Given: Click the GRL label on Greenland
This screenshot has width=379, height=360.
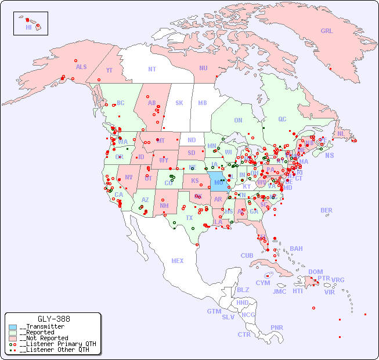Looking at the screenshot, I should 327,31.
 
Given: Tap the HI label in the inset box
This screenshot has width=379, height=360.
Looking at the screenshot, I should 28,27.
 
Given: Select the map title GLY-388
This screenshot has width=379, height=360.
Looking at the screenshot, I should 54,319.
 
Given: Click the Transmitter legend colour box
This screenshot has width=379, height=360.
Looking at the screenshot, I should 13,327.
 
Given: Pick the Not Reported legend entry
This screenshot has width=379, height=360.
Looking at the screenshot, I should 44,338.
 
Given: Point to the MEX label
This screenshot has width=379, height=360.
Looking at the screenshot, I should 178,261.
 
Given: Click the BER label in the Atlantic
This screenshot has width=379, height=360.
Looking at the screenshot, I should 327,210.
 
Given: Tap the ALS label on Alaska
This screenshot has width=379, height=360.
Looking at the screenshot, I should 81,67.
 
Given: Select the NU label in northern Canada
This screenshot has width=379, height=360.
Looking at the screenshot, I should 203,68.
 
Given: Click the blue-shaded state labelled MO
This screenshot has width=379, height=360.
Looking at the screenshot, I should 218,182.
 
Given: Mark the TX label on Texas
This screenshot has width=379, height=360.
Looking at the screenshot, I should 189,218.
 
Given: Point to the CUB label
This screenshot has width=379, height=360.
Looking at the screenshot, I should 247,255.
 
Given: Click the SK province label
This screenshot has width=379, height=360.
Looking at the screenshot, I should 179,103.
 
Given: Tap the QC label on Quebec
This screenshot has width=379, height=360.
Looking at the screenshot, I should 282,119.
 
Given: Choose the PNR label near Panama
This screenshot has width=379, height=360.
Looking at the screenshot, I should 277,327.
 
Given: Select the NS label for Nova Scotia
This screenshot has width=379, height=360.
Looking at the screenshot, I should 330,155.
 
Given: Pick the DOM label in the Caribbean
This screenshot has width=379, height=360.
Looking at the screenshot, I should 315,272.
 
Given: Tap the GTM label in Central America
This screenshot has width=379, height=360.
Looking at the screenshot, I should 214,311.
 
